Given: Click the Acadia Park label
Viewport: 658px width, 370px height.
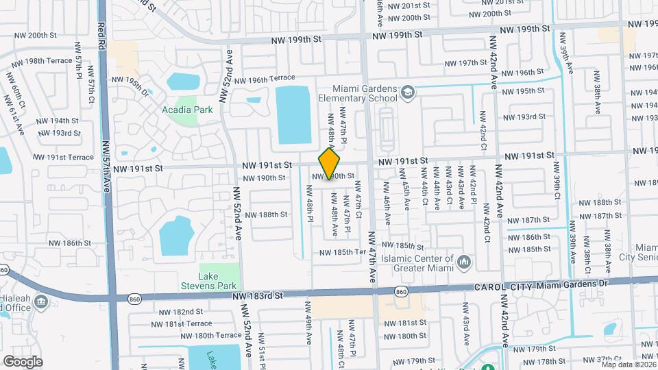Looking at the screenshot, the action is tap(187, 110).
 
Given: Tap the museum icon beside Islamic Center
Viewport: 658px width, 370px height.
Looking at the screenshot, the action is tap(464, 262).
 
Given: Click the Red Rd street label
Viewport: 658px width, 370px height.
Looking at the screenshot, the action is tap(101, 34).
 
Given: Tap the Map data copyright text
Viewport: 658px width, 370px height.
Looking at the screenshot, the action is tap(629, 365).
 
